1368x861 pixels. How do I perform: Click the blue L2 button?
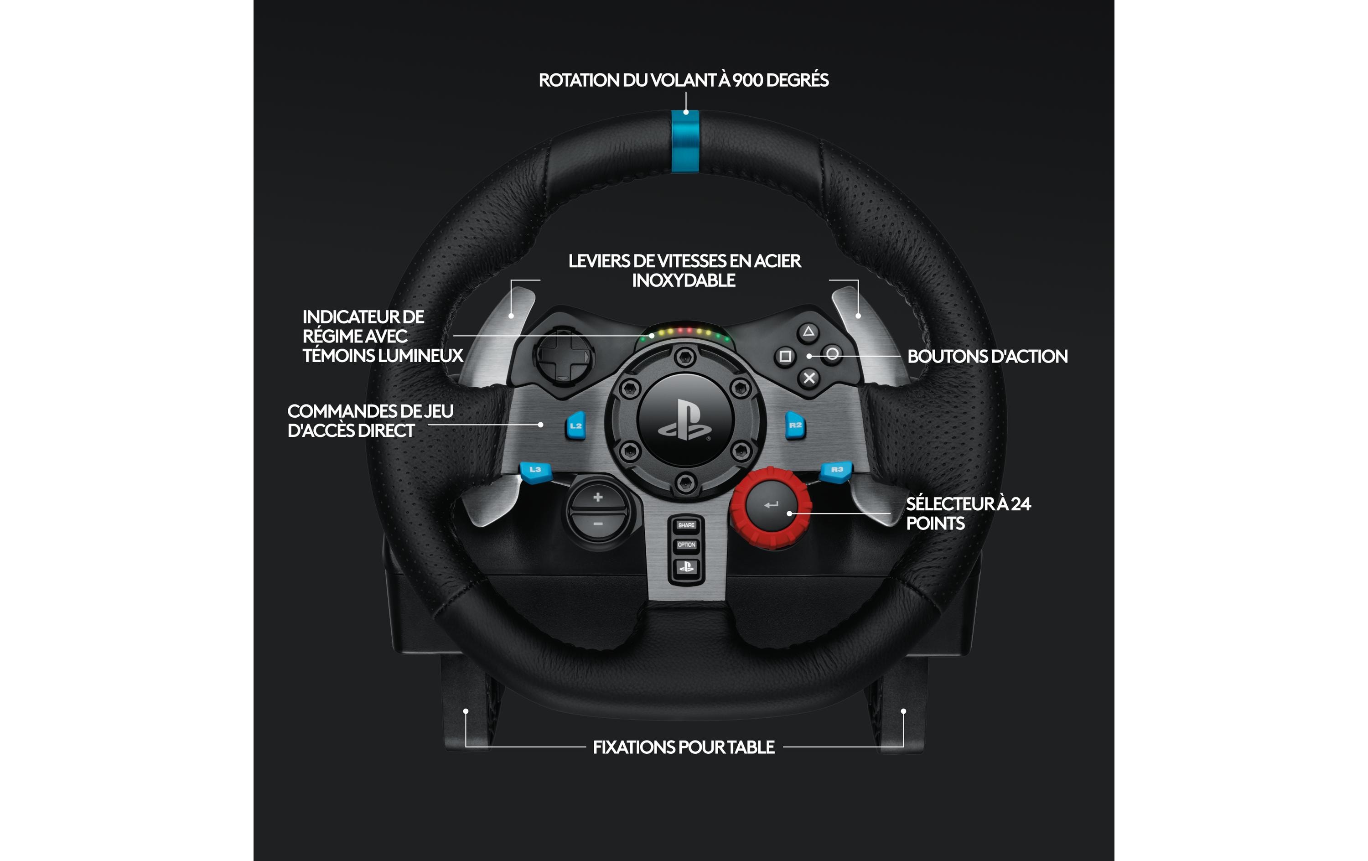coord(575,425)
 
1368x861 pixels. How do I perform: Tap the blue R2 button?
coord(795,425)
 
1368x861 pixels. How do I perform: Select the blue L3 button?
coord(535,471)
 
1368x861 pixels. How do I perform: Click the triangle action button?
coord(808,332)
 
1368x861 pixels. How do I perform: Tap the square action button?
coord(785,356)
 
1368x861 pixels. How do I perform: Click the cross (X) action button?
coord(809,378)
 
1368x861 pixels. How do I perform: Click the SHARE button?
coord(686,525)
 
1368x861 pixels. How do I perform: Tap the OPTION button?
coord(686,545)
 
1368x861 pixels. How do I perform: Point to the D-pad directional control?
coord(564,356)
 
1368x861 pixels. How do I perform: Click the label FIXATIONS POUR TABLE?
coord(684,747)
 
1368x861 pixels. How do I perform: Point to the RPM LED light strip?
coord(685,333)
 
